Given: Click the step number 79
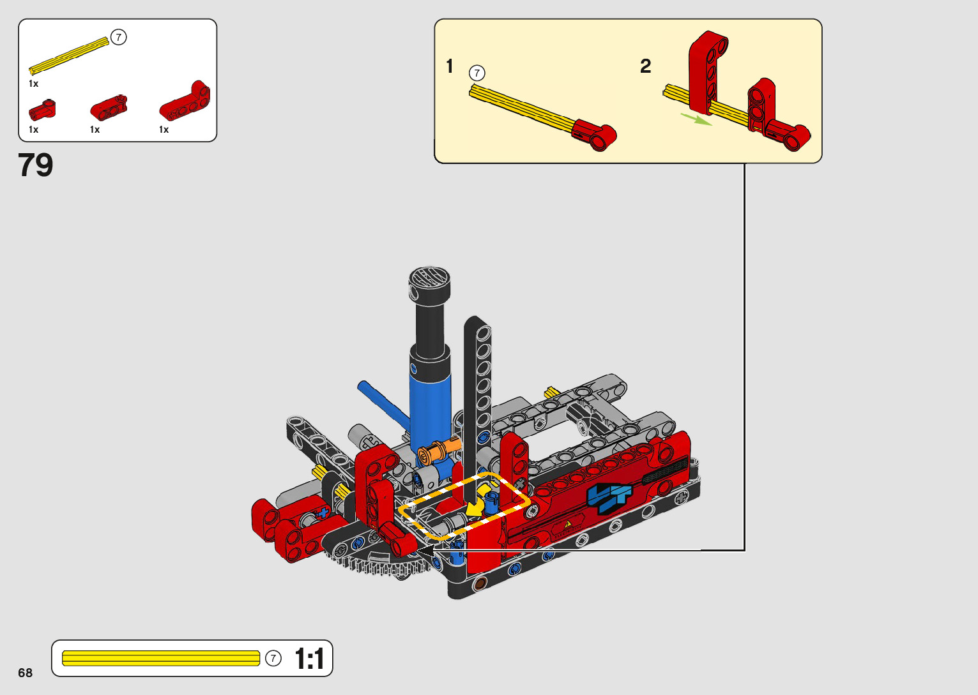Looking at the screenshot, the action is (35, 165).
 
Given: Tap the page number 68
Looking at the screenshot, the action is (26, 672).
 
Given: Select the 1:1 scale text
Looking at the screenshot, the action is (310, 659).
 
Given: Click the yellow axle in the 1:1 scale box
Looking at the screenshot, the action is (161, 659).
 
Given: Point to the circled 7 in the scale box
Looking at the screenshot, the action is (273, 659).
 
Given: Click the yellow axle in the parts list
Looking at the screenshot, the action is (68, 56).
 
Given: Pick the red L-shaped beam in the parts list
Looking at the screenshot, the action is (185, 101).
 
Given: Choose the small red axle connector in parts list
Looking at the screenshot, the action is (42, 110).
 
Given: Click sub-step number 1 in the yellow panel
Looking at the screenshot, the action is (450, 66).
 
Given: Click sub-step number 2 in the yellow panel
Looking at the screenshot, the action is (645, 66).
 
